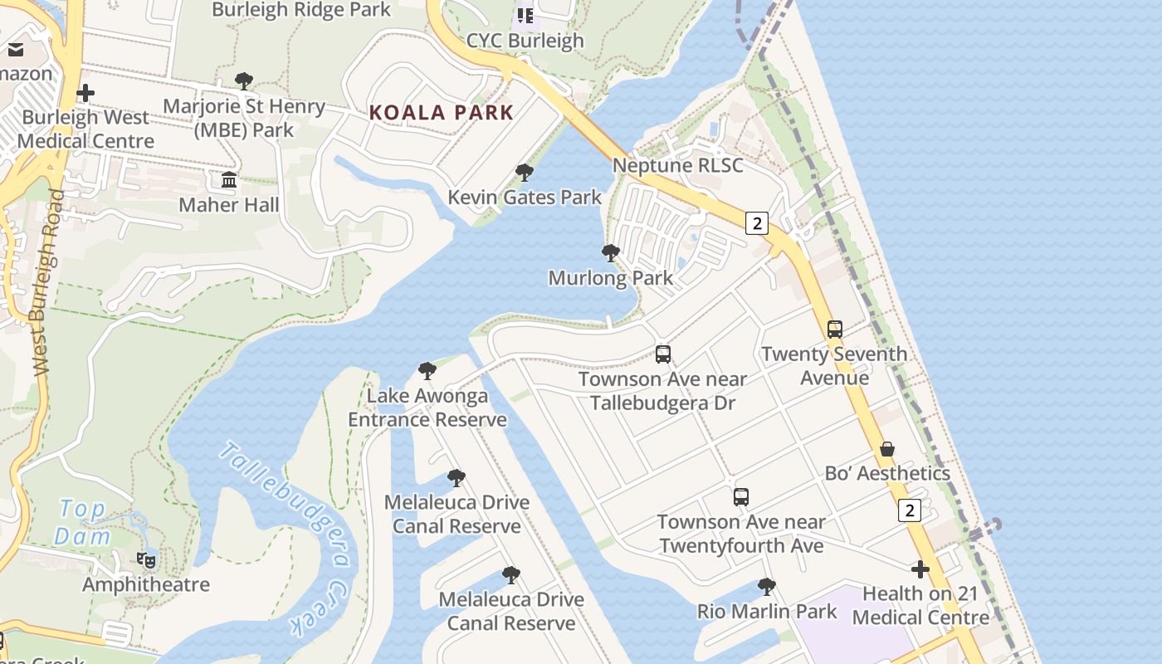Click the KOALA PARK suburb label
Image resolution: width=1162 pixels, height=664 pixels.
(441, 112)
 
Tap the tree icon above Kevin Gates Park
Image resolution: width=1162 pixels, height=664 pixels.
(524, 173)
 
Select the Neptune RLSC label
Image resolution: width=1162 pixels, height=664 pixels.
(677, 165)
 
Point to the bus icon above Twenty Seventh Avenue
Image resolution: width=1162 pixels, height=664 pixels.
(834, 329)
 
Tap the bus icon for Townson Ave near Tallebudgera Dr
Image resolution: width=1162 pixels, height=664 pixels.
(662, 354)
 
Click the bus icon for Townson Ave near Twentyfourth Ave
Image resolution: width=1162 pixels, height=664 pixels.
(740, 497)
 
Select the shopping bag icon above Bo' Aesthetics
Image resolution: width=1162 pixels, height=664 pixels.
(886, 449)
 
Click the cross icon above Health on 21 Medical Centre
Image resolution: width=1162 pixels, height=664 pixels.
(920, 569)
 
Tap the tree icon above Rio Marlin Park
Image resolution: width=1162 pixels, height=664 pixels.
(766, 587)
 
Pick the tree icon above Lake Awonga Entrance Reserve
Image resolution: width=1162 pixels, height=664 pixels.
(427, 371)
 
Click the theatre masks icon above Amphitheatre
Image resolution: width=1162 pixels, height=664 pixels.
(146, 559)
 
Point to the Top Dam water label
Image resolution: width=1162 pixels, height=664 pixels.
(83, 522)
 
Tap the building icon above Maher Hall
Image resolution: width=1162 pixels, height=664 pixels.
(229, 179)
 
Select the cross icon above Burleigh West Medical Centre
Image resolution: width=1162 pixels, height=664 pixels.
(85, 93)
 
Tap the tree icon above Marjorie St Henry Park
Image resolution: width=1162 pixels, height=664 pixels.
(243, 81)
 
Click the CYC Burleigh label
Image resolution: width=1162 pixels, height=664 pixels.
(525, 41)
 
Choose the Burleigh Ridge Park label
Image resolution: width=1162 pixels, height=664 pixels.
(300, 10)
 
